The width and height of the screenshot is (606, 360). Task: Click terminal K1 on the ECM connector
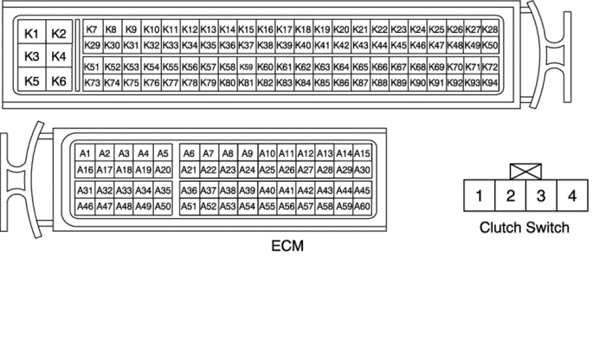pos(32,34)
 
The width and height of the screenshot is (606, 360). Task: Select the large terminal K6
pos(59,80)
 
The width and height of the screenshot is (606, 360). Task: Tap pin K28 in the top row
pos(490,29)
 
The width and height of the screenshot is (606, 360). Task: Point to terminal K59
pos(247,67)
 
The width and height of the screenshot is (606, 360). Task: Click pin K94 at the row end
pos(490,82)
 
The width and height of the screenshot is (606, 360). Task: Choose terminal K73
pos(93,82)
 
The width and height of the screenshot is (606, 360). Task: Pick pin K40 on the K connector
pos(303,45)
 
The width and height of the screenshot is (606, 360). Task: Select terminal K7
pos(93,29)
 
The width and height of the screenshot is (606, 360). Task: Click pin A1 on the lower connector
pos(85,153)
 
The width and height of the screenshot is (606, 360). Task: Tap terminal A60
pos(363,206)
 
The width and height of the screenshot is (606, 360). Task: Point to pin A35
pos(164,190)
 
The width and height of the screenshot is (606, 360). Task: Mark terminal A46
pos(85,206)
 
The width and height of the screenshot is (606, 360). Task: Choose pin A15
pos(363,153)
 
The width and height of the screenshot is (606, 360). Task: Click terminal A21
pos(189,170)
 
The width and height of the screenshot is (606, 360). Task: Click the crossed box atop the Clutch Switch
pos(525,172)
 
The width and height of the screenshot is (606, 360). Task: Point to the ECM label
pos(287,246)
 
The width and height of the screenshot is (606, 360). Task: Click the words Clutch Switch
pos(525,228)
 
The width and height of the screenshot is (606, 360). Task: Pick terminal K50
pos(490,45)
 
